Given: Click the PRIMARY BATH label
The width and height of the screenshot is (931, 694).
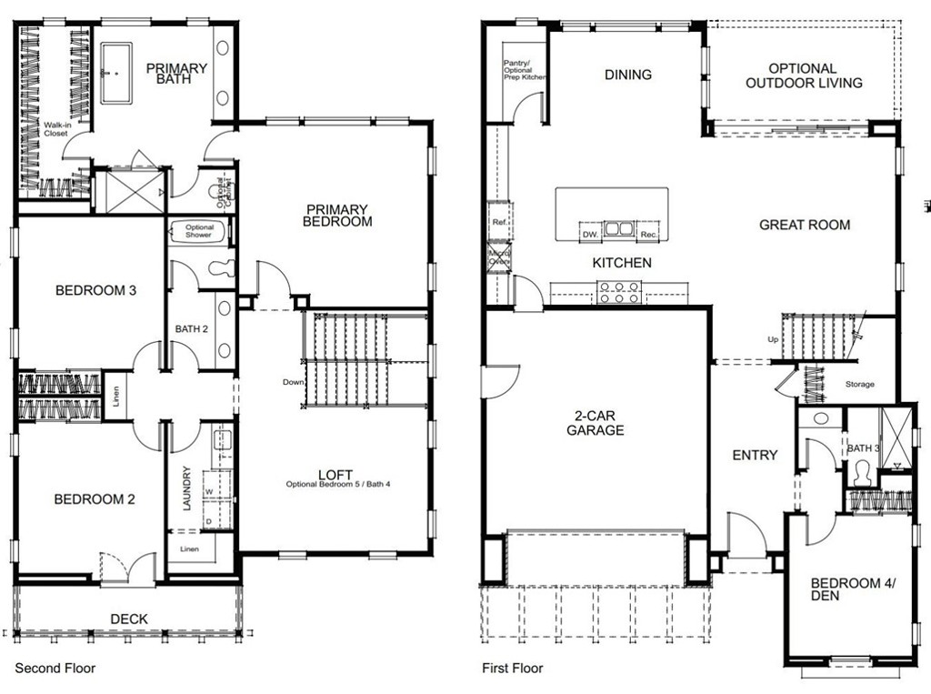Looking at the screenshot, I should (x=176, y=75).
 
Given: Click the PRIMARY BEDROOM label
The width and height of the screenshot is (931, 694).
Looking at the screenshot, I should (x=337, y=215).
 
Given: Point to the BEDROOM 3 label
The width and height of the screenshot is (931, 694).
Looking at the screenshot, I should (x=95, y=291).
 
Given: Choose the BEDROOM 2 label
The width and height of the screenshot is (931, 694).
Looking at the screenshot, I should (x=95, y=499).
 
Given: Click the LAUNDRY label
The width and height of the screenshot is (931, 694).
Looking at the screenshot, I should (x=187, y=488).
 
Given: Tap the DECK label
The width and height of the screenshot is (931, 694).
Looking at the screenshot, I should (x=129, y=619).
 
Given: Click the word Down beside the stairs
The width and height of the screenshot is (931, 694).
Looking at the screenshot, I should (x=293, y=382).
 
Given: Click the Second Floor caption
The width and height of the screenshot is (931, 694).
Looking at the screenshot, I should (x=55, y=669).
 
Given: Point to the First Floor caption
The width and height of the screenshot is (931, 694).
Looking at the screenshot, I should (x=513, y=669).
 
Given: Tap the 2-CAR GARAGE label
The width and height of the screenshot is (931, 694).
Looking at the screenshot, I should (x=596, y=423).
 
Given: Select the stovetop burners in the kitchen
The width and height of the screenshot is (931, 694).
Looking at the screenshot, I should (x=619, y=292).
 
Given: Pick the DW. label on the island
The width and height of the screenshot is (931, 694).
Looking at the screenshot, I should (x=589, y=235).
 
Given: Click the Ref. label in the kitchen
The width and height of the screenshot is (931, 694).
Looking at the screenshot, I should (x=498, y=222).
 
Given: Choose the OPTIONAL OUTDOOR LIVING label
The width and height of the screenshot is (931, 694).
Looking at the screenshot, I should (x=803, y=75).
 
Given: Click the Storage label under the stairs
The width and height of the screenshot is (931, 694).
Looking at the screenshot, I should (x=859, y=385).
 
